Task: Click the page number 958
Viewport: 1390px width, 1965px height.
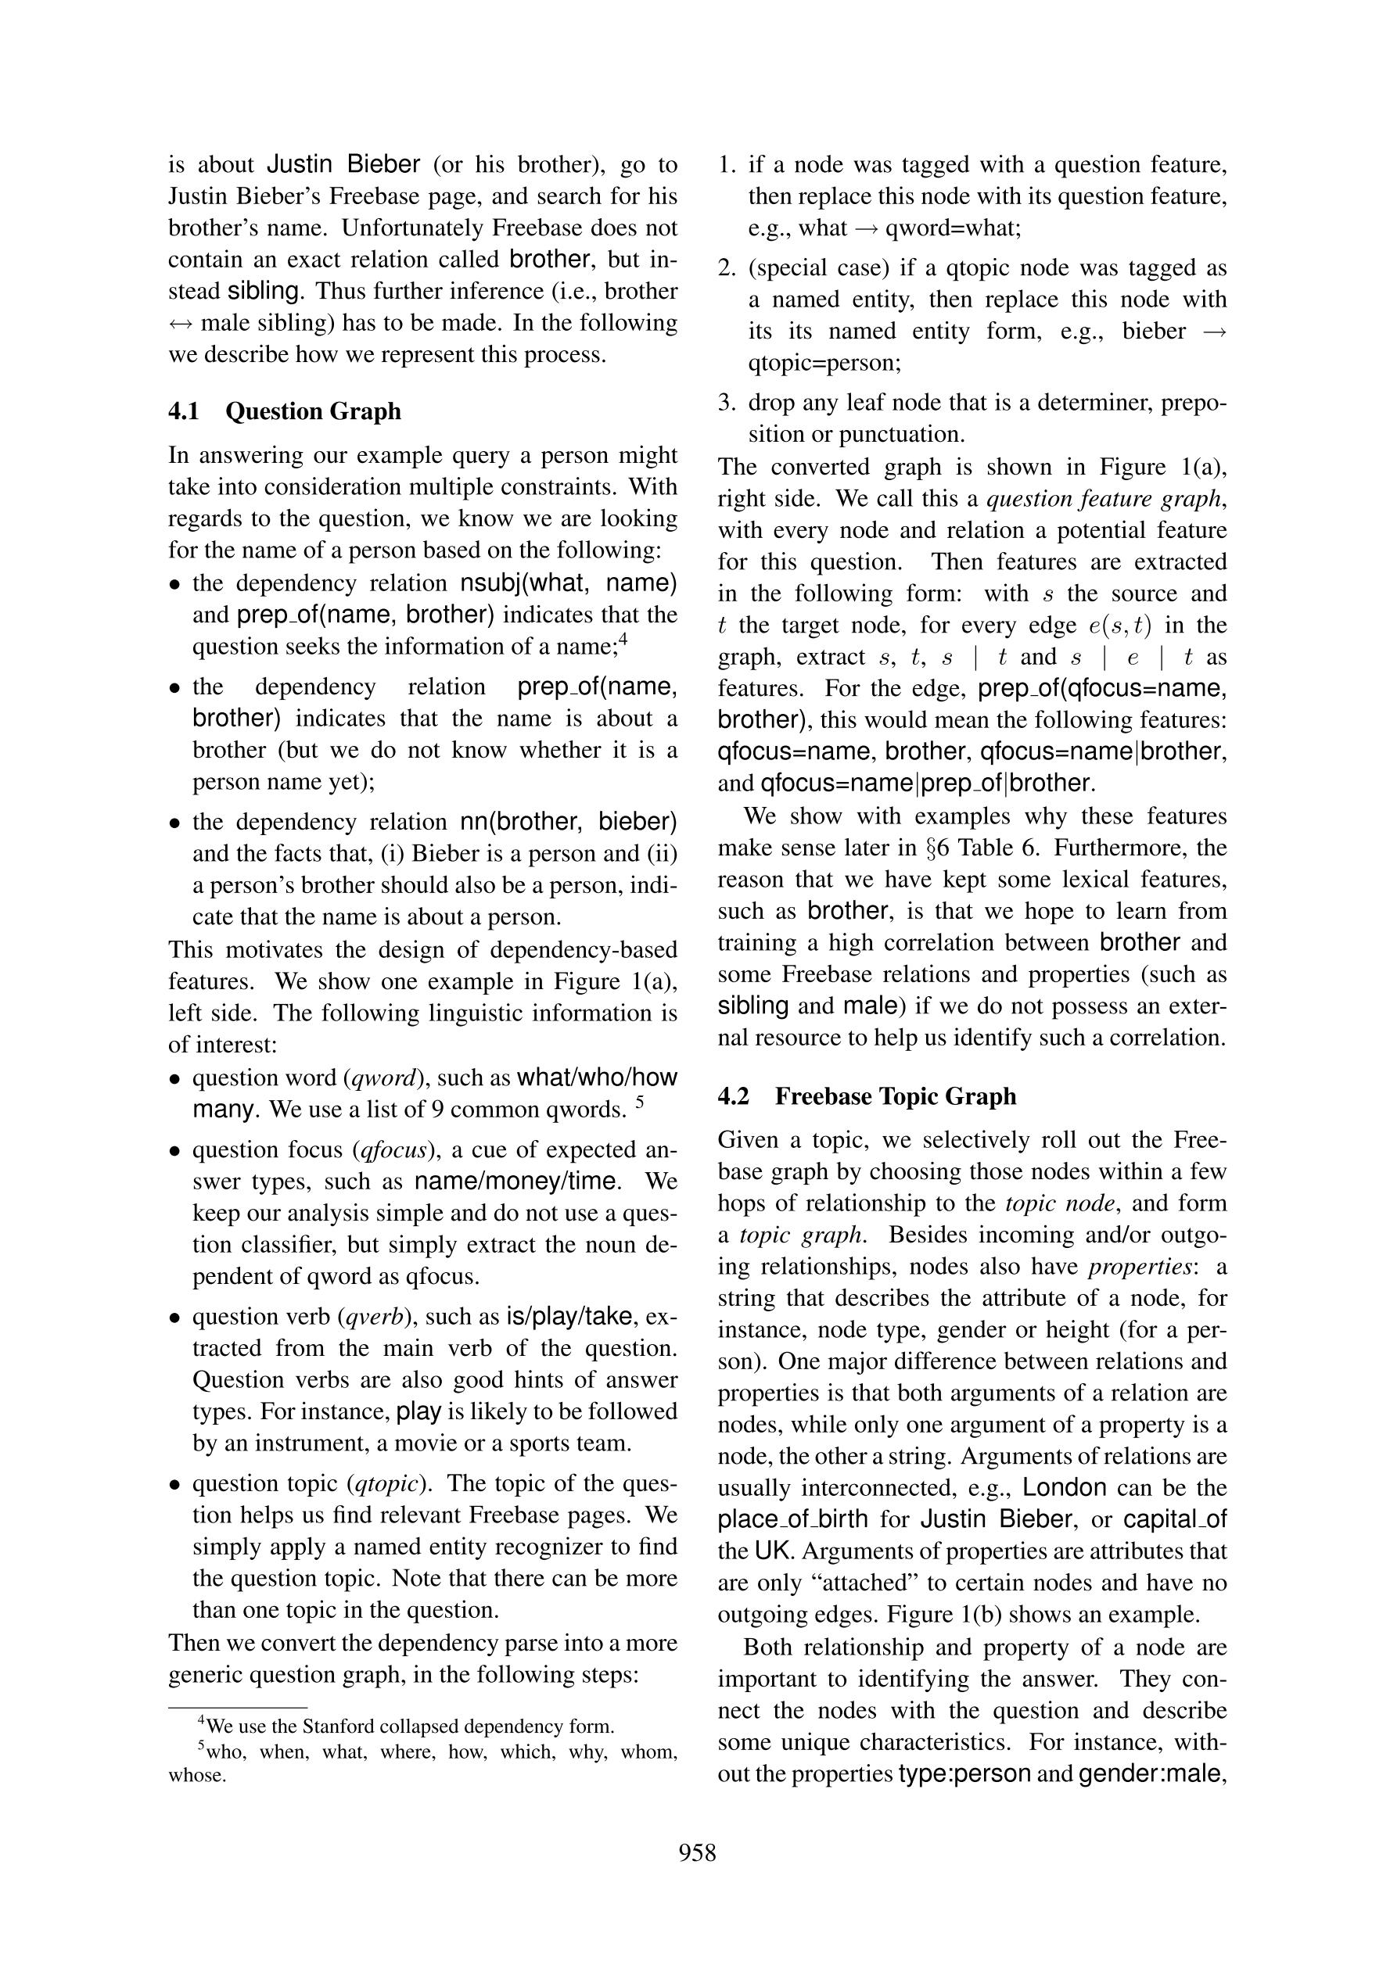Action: pyautogui.click(x=697, y=1853)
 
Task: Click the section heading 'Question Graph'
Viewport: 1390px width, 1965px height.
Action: pyautogui.click(x=312, y=411)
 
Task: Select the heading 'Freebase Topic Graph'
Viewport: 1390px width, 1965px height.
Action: pyautogui.click(x=896, y=1096)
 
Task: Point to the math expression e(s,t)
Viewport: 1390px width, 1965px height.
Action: pyautogui.click(x=1120, y=626)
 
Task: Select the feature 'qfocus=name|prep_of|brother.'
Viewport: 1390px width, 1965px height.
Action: pyautogui.click(x=928, y=783)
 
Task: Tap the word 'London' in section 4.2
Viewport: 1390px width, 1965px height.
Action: pyautogui.click(x=1064, y=1487)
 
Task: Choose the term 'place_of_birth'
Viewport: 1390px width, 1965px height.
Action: pyautogui.click(x=792, y=1519)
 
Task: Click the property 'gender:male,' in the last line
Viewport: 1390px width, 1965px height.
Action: pyautogui.click(x=1152, y=1774)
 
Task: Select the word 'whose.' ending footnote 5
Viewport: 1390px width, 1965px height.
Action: pyautogui.click(x=197, y=1776)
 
